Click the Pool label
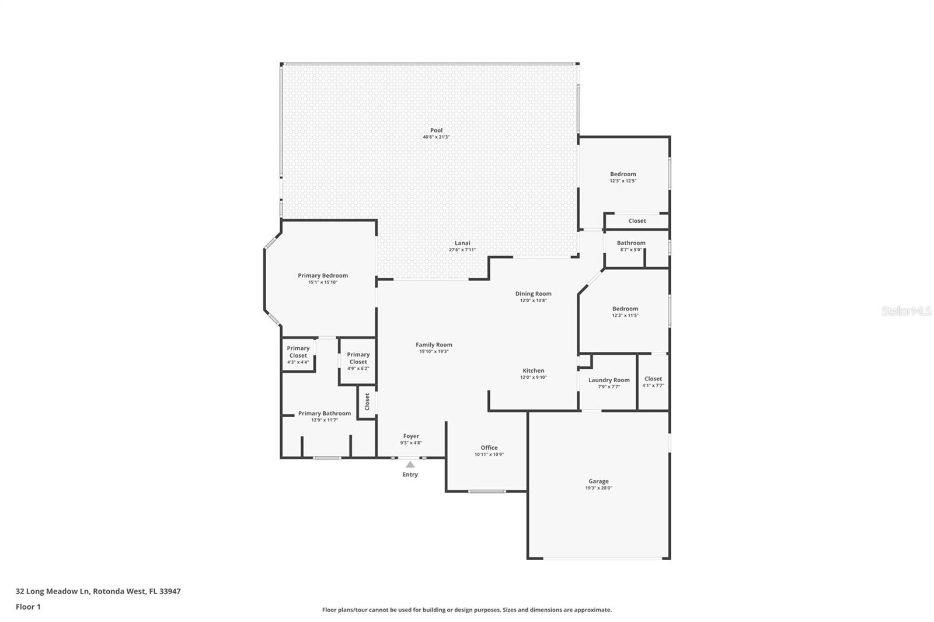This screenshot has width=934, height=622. click(x=436, y=130)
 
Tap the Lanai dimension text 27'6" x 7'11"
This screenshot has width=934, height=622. click(x=462, y=250)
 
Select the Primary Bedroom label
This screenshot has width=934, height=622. click(x=322, y=275)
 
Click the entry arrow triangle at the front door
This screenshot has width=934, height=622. click(x=410, y=464)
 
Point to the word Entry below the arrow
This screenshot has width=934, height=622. click(x=410, y=474)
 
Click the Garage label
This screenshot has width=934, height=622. click(x=598, y=481)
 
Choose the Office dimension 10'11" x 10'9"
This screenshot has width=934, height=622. click(x=489, y=455)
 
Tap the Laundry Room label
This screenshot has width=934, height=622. click(x=609, y=380)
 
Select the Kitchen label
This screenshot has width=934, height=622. click(x=533, y=371)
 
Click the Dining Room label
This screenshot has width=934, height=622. click(x=533, y=293)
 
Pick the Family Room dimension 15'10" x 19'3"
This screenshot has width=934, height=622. click(x=434, y=351)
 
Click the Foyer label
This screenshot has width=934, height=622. click(x=411, y=436)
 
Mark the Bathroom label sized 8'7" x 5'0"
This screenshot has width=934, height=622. click(x=631, y=243)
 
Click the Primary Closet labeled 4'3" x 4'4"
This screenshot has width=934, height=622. click(x=298, y=352)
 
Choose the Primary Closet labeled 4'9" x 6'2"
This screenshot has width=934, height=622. click(x=358, y=358)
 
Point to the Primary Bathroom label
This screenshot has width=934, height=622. click(x=325, y=413)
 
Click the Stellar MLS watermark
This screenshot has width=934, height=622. click(x=906, y=311)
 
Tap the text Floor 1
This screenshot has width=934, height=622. click(x=28, y=607)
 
